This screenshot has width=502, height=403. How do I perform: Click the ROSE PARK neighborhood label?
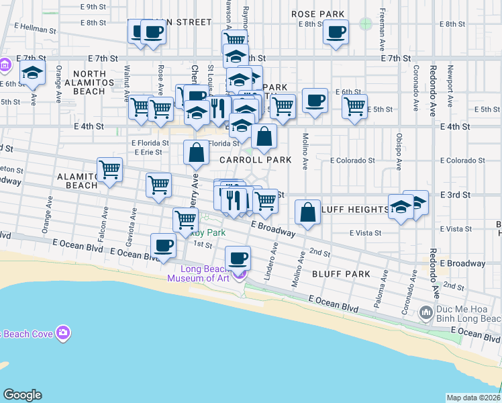click(x=318, y=14)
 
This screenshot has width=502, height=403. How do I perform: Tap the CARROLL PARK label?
click(x=255, y=160)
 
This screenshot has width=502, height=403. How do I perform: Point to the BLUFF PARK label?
click(x=341, y=274)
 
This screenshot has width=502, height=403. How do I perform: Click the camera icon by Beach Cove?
click(x=63, y=333)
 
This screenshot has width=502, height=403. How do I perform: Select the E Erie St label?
click(x=148, y=152)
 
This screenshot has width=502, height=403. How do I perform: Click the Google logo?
click(x=22, y=395)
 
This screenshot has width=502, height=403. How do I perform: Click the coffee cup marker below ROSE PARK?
click(x=336, y=32)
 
